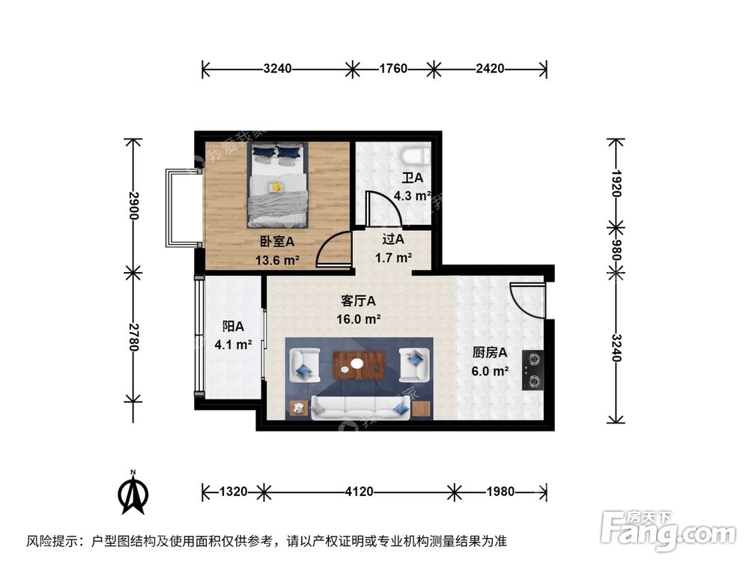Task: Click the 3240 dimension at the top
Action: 278,69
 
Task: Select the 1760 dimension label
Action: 392,69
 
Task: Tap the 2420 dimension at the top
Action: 490,69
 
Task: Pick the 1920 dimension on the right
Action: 616,181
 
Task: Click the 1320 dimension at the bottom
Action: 234,492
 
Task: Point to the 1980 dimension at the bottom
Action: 500,492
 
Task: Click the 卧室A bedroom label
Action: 277,242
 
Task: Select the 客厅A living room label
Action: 358,300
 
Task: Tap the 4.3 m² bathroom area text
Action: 412,196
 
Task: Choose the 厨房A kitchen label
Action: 491,352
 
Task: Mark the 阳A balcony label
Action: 234,327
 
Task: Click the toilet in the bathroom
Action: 414,156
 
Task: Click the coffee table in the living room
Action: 358,365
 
